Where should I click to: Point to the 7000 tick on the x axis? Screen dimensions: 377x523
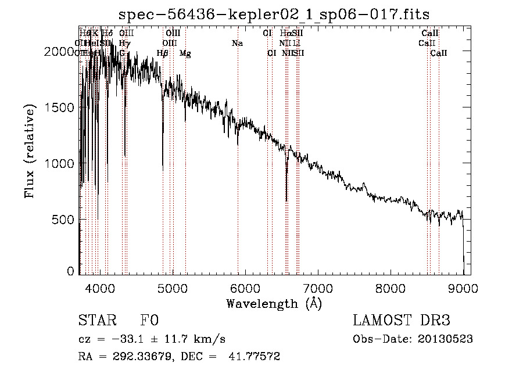(317, 289)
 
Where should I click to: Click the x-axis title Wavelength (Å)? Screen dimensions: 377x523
(274, 303)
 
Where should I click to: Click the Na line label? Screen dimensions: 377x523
(237, 44)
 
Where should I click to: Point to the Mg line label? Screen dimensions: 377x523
(185, 53)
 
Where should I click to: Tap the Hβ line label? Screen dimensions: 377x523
(163, 53)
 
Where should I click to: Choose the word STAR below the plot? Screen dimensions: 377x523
(97, 321)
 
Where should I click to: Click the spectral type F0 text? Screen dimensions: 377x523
(149, 321)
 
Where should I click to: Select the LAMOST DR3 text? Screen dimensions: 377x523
(402, 321)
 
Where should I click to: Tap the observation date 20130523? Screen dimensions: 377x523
(449, 339)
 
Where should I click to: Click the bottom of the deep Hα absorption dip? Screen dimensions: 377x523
(286, 200)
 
